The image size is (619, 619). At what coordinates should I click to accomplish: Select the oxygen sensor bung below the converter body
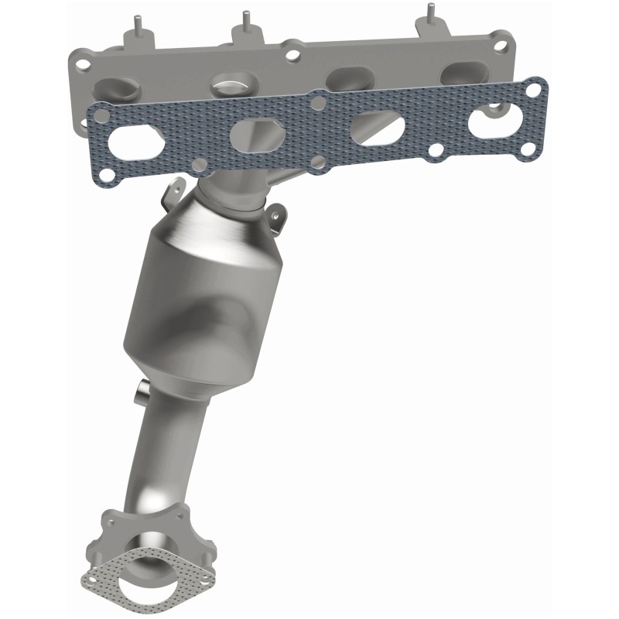141,390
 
